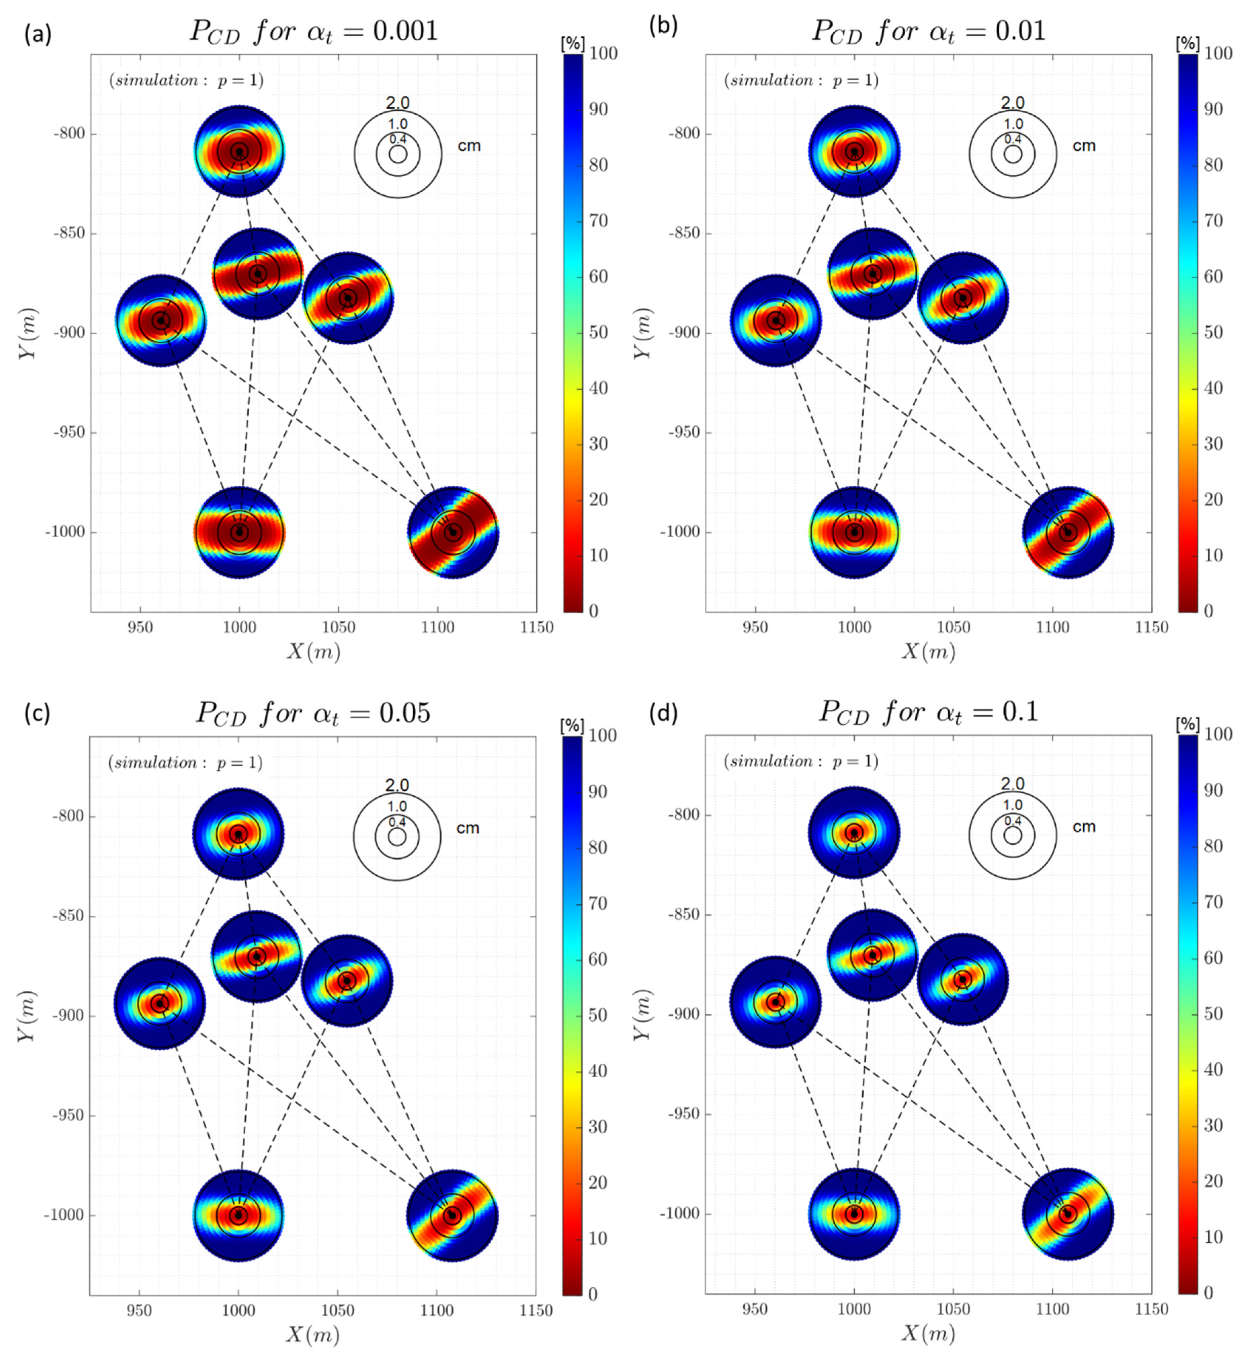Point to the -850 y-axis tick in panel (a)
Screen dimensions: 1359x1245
pyautogui.click(x=70, y=233)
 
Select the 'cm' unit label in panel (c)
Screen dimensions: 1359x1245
pyautogui.click(x=467, y=828)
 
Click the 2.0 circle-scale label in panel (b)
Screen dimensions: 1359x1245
pyautogui.click(x=1012, y=103)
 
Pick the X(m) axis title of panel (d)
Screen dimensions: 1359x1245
pyautogui.click(x=928, y=1333)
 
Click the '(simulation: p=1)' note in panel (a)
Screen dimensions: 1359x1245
pyautogui.click(x=186, y=80)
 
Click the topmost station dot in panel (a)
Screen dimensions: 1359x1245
pyautogui.click(x=239, y=151)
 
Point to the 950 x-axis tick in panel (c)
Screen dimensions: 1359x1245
pyautogui.click(x=139, y=1311)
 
